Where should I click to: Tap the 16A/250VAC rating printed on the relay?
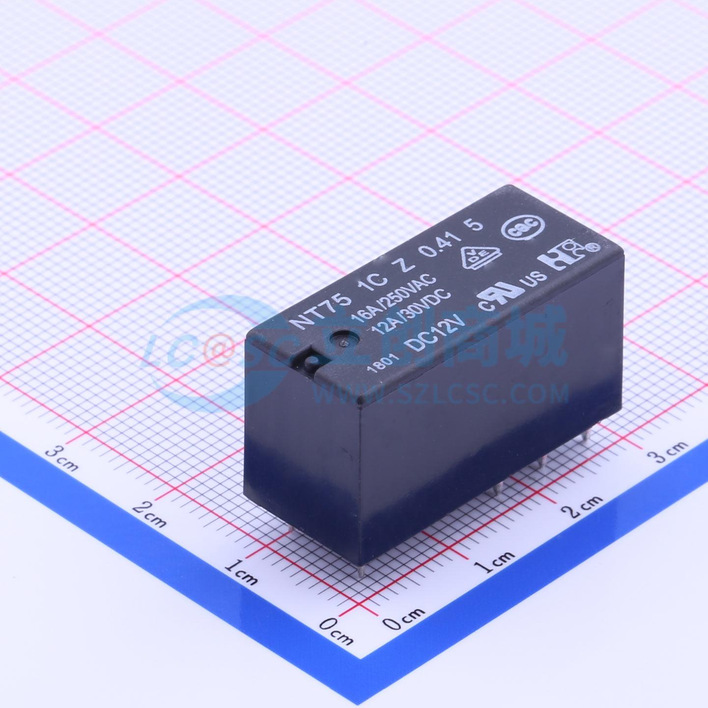tap(394, 297)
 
